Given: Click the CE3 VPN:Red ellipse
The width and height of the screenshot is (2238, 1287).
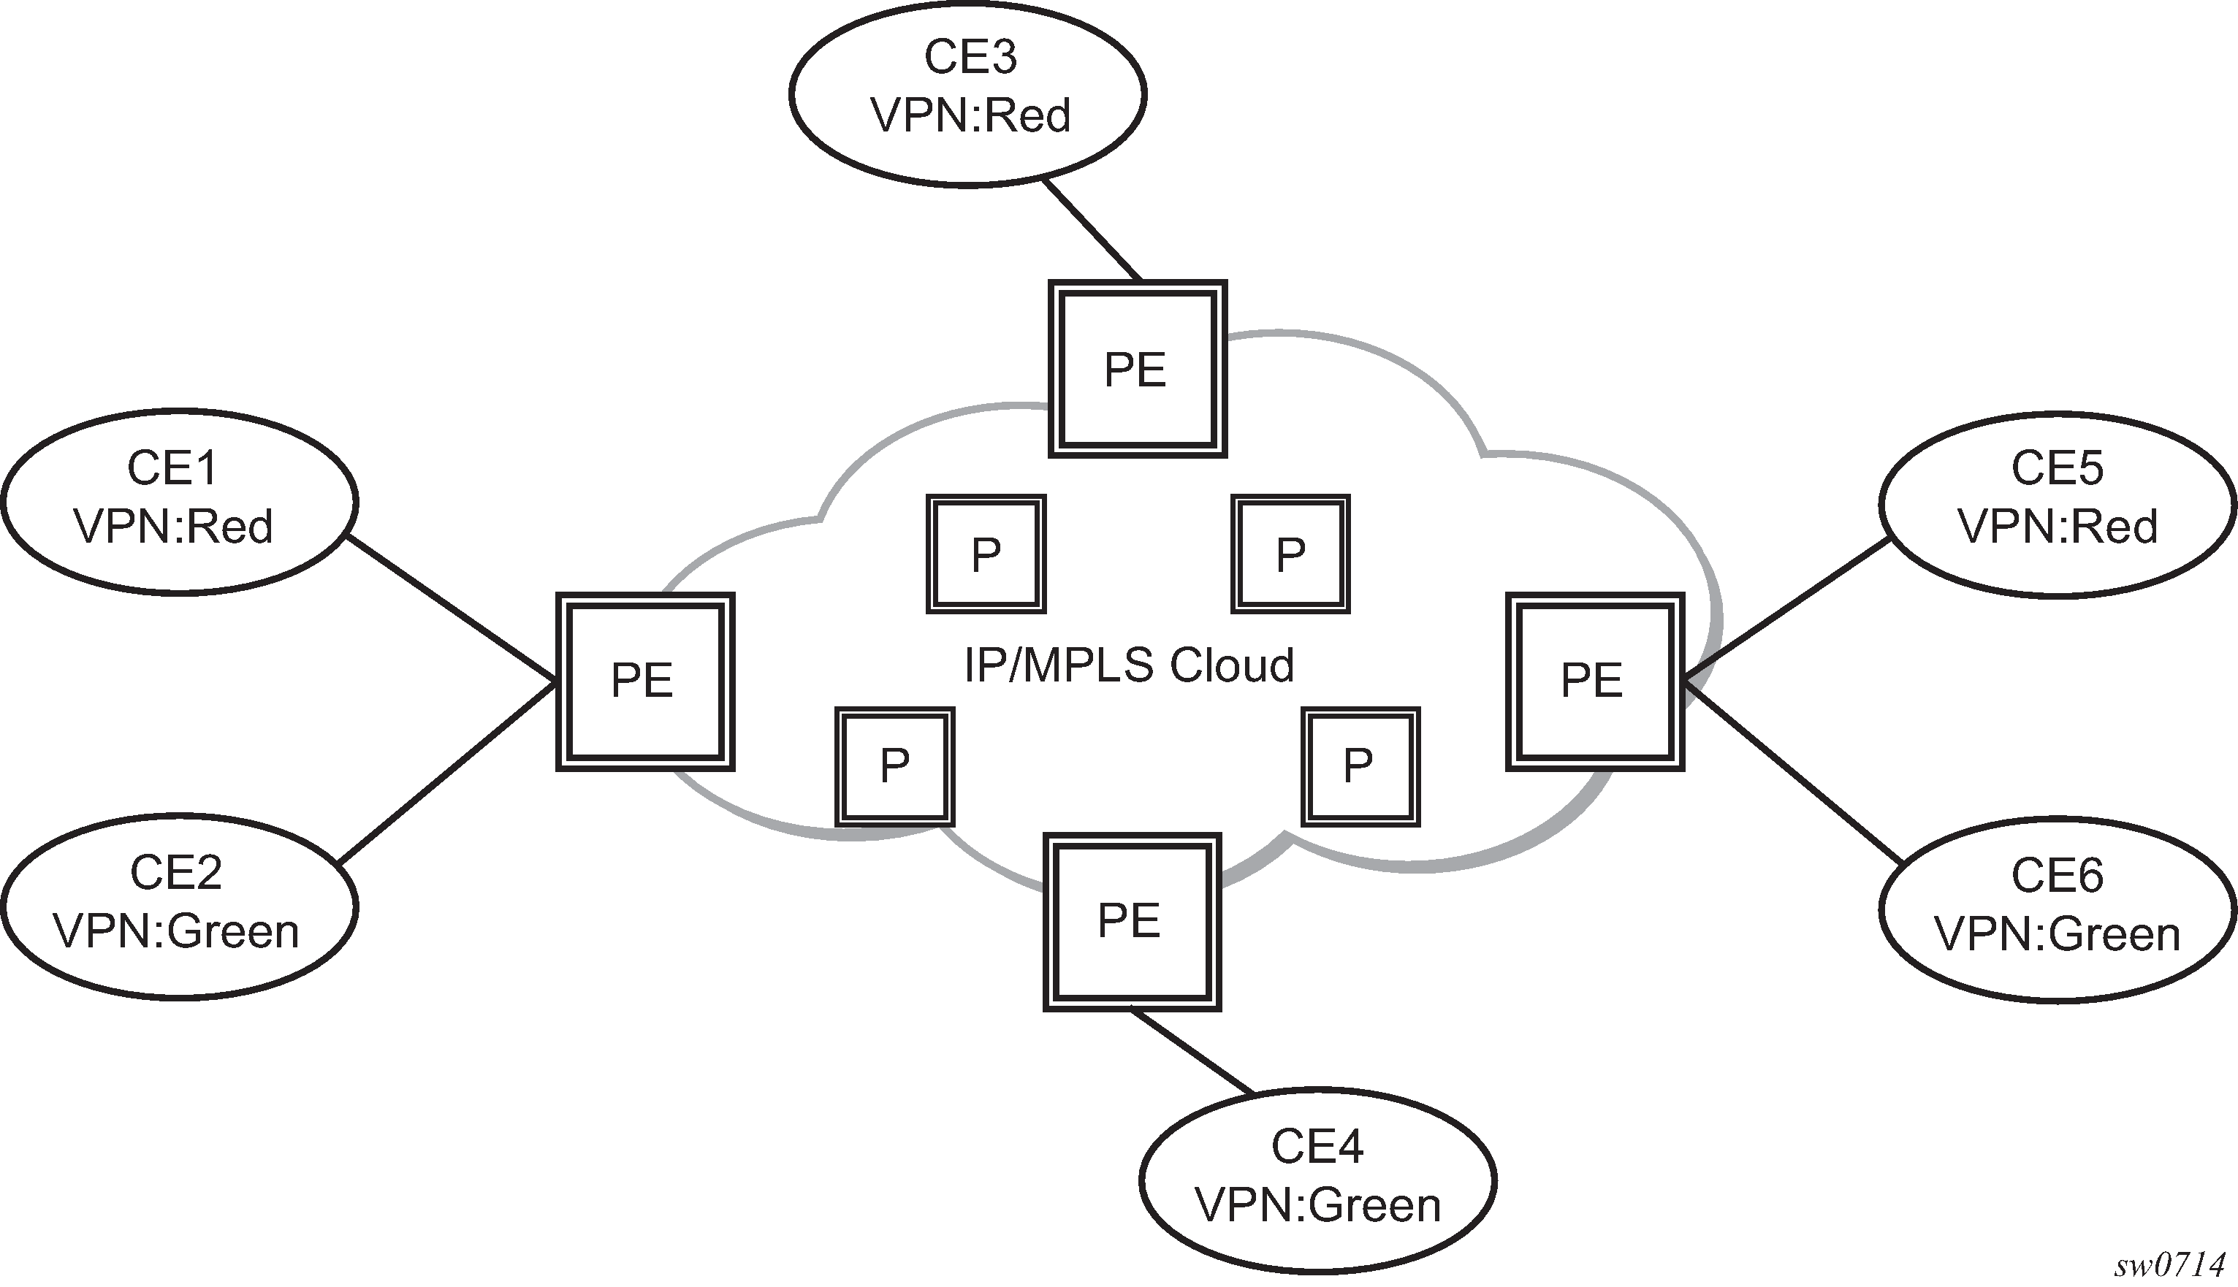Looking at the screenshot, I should [967, 93].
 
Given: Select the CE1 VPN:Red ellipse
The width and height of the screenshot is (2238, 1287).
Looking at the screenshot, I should [180, 501].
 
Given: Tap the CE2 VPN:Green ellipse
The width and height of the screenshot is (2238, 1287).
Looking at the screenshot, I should [180, 906].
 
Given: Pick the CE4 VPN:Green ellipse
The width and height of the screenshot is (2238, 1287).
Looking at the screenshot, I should [1317, 1180].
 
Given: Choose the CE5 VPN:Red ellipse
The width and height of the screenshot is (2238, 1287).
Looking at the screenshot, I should [2057, 504].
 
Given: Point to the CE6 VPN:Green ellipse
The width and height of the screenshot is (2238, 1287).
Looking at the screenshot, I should [2057, 909].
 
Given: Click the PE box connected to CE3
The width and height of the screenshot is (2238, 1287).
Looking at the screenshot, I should [1137, 369].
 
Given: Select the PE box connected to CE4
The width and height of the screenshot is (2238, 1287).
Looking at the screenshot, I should [1132, 921].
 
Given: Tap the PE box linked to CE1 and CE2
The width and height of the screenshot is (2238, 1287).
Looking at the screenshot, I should [644, 681].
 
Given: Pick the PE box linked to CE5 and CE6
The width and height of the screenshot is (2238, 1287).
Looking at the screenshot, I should [1594, 681].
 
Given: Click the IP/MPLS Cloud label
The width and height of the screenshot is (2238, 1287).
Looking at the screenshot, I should [1129, 665].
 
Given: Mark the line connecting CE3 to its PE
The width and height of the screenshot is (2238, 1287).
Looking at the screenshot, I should [1093, 231].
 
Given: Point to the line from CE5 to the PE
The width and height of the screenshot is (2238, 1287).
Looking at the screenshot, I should [1786, 610].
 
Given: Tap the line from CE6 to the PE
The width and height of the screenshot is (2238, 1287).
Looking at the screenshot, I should [1795, 774].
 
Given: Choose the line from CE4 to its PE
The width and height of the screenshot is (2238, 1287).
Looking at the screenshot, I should [1192, 1053].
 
